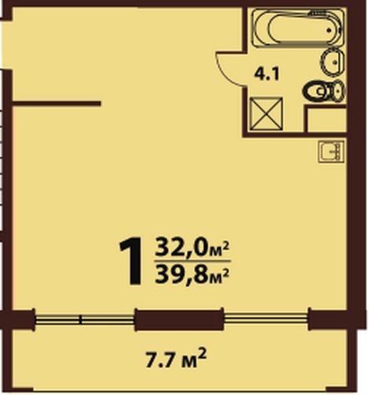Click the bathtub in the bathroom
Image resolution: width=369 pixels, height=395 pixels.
click(x=298, y=28)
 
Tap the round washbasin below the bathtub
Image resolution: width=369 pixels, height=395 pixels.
click(x=332, y=62)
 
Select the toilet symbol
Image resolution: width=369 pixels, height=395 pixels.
click(x=324, y=91)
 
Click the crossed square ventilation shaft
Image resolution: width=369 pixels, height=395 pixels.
click(x=266, y=114)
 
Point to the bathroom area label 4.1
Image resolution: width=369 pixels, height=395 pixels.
click(x=266, y=75)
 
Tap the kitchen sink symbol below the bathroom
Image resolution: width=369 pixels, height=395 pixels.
click(x=331, y=152)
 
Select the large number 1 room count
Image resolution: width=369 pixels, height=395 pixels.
click(x=131, y=261)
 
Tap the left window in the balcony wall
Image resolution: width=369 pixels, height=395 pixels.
click(x=84, y=319)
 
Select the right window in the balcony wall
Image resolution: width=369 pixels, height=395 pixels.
click(x=266, y=319)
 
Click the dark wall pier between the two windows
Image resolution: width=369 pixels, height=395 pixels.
click(x=179, y=319)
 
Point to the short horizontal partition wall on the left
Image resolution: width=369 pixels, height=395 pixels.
click(x=57, y=103)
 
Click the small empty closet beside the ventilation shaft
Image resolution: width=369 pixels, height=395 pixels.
click(x=326, y=120)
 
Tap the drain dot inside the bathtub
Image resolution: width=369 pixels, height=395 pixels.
click(x=329, y=30)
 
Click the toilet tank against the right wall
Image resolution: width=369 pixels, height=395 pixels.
click(x=338, y=91)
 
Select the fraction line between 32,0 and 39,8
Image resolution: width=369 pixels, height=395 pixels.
click(x=192, y=261)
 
